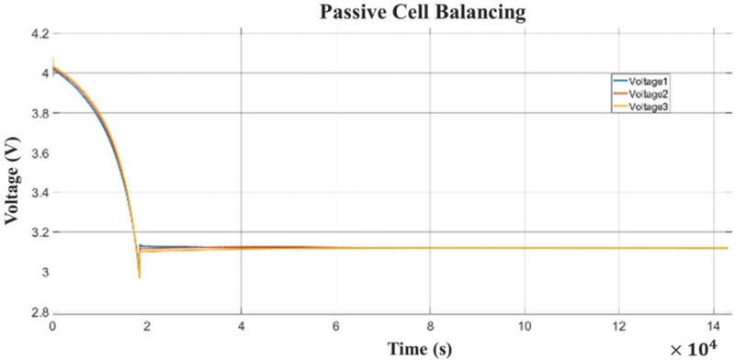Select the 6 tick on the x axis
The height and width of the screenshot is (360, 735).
tap(335, 326)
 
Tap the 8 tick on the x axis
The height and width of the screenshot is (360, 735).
tap(430, 326)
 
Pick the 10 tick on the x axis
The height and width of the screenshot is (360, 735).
tap(524, 326)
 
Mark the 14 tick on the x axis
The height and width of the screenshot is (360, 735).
tap(712, 326)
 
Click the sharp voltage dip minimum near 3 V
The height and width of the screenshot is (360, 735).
tap(139, 276)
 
